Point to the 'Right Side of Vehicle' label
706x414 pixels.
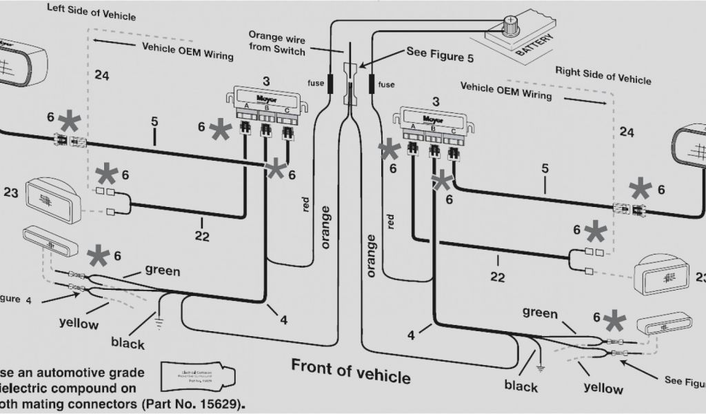click(x=603, y=75)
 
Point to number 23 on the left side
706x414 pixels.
click(x=10, y=194)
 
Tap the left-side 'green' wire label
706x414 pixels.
click(x=162, y=270)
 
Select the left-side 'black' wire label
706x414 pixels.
click(x=128, y=344)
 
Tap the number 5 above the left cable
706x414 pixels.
click(x=154, y=122)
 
